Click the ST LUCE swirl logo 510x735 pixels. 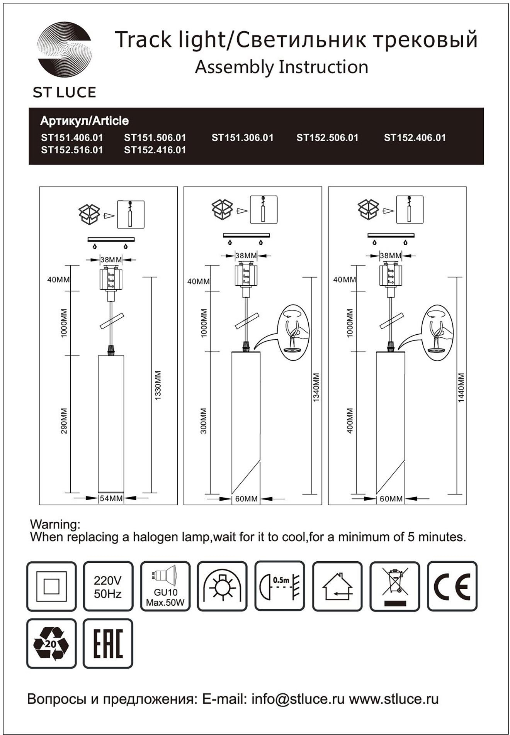click(64, 51)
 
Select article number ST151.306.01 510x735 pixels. click(242, 138)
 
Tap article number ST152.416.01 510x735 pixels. click(155, 150)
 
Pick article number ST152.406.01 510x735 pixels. click(415, 138)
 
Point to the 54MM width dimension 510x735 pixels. click(111, 498)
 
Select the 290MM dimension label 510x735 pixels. click(64, 421)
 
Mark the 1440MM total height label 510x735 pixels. click(461, 388)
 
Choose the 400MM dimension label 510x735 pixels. click(350, 421)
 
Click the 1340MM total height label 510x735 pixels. click(316, 388)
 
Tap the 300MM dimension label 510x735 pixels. click(204, 421)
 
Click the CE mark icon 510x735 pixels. click(452, 586)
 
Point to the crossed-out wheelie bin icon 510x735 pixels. click(394, 586)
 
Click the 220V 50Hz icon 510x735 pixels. click(108, 586)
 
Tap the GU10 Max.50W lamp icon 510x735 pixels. click(165, 586)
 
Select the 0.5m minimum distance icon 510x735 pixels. click(280, 586)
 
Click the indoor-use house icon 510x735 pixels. click(337, 586)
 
